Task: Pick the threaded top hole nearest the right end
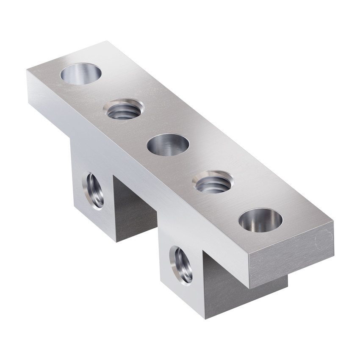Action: tap(213, 183)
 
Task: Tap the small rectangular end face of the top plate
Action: tap(292, 258)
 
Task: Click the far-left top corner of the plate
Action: tap(26, 70)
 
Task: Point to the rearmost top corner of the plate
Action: tap(105, 41)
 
